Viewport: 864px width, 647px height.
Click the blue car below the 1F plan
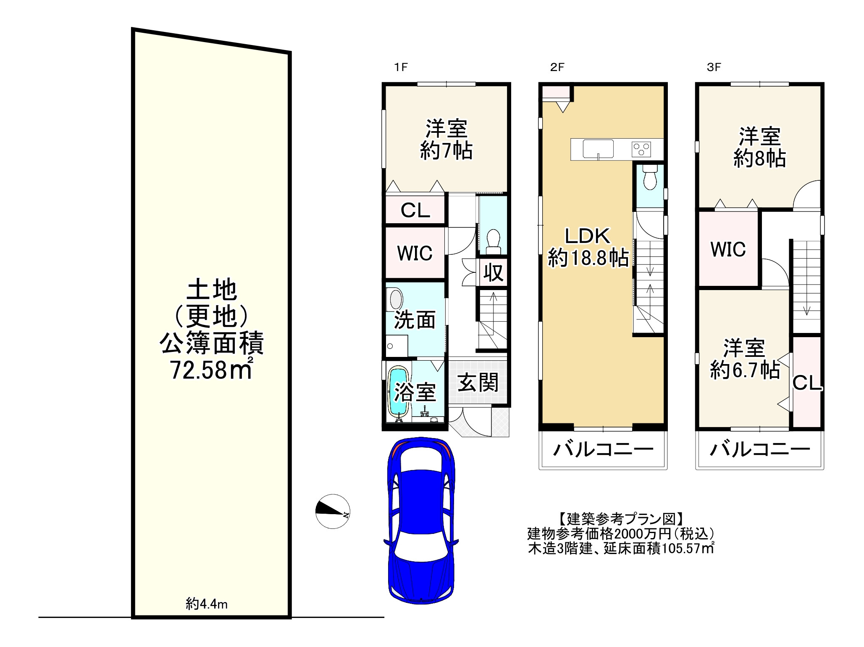pos(421,520)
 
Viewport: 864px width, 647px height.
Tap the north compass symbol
pos(333,511)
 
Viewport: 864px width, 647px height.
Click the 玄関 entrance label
pos(478,383)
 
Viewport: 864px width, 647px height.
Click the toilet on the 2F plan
pos(650,177)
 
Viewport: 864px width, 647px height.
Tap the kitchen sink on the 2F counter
pos(598,149)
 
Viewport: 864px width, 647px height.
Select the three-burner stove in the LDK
pos(641,149)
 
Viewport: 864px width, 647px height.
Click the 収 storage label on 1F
pos(493,272)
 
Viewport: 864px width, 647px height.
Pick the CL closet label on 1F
pos(415,210)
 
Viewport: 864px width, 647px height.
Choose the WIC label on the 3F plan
pos(728,249)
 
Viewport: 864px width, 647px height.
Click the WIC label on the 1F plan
pos(415,253)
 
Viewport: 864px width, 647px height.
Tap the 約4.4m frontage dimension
pos(207,604)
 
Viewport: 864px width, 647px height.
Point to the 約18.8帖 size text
pos(588,257)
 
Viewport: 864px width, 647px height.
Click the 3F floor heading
pos(714,67)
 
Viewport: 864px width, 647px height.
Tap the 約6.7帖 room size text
pos(745,370)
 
